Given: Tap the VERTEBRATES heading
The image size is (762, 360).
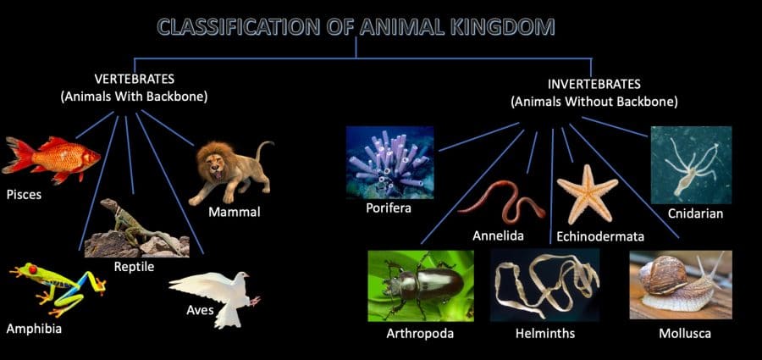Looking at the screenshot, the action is coord(134,78).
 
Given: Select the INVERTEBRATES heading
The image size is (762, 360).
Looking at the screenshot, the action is coord(594,84).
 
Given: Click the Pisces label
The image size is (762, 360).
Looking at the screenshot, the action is coord(24,195).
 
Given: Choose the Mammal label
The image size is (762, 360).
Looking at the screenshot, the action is coord(235,212).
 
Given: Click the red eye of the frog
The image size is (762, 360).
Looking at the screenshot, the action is coord(32,269).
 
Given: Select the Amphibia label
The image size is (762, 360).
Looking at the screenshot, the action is coord(34,329).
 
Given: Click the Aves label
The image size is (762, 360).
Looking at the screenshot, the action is coord(200,310).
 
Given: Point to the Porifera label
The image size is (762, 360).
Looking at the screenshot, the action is coord(389,208).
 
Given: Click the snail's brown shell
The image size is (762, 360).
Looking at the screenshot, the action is coord(663,275).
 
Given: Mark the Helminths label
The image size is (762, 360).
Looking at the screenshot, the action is coord(545,334).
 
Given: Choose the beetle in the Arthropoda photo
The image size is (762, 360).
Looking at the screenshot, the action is coord(420,285).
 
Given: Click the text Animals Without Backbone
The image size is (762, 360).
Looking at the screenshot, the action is coord(594,102).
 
